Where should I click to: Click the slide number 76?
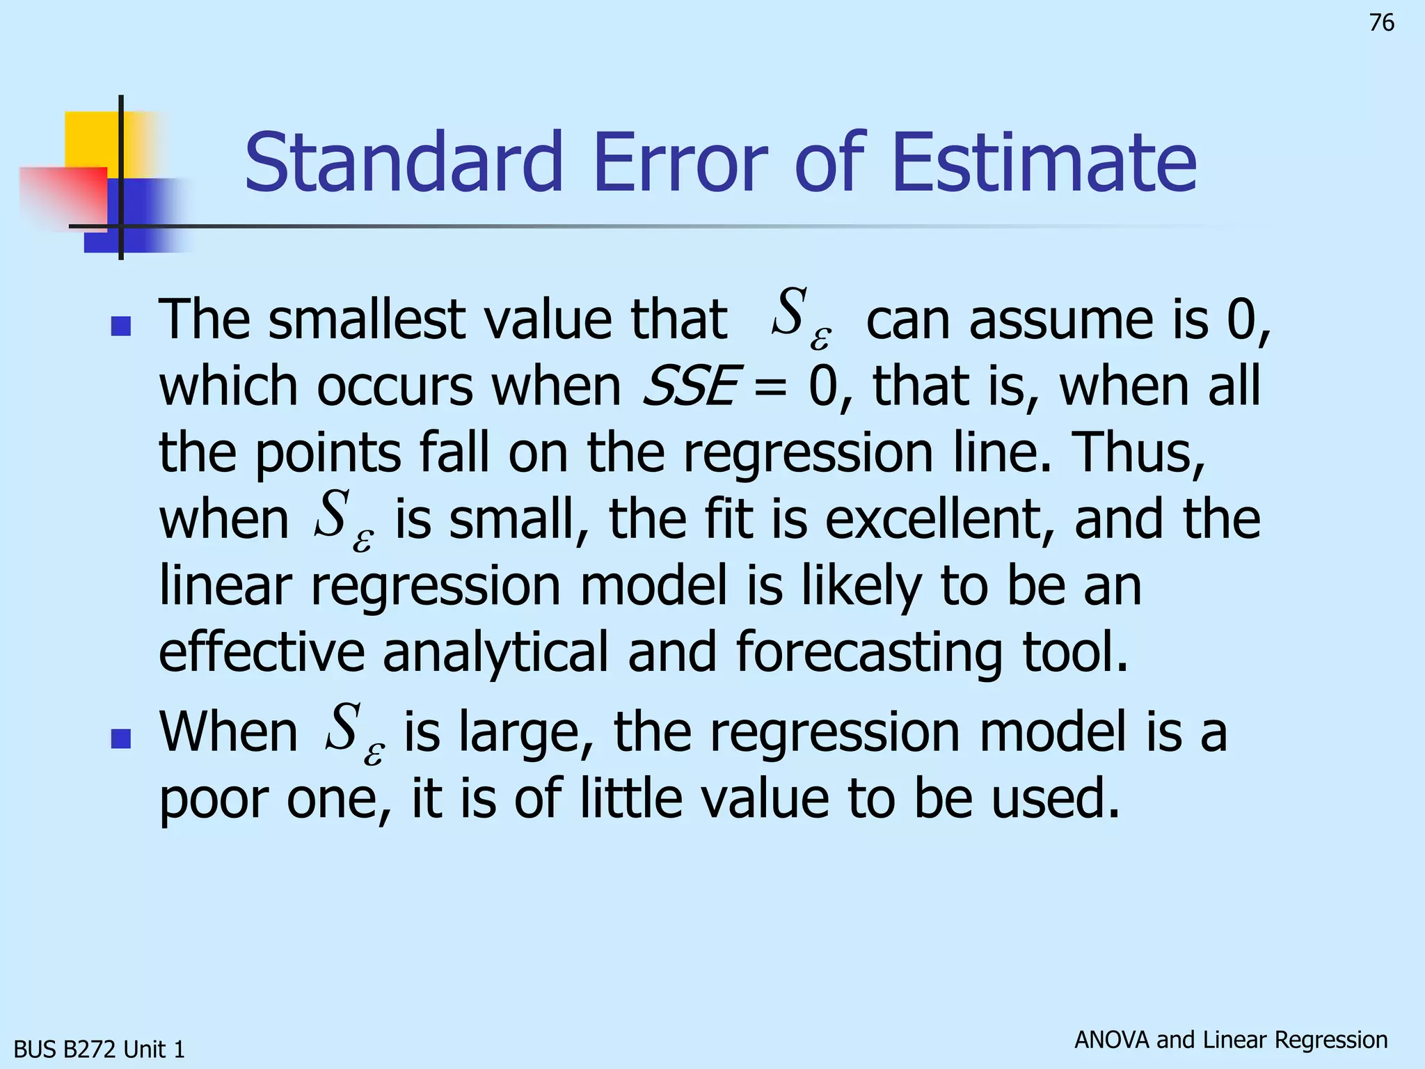click(1381, 23)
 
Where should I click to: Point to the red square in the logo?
click(63, 195)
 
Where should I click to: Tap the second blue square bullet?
click(121, 738)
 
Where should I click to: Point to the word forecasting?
click(869, 652)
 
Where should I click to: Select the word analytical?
click(495, 652)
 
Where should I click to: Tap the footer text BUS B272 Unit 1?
click(99, 1049)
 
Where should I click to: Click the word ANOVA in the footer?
click(1112, 1040)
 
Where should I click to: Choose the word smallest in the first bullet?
click(366, 319)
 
